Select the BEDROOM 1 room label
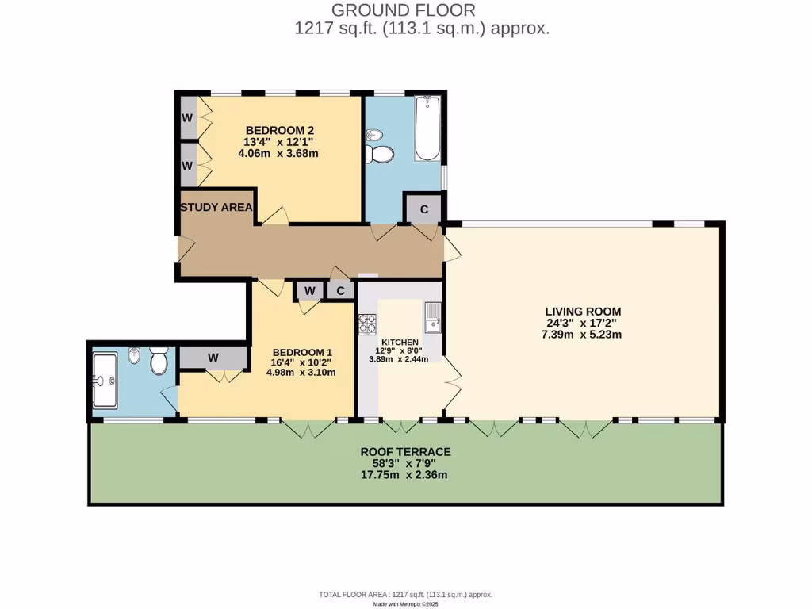[x=302, y=352]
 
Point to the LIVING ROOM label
[x=582, y=311]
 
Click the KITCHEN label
[x=400, y=342]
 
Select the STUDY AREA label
[x=216, y=208]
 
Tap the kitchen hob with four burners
[x=368, y=324]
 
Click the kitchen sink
[x=432, y=318]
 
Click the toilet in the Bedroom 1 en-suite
[x=158, y=362]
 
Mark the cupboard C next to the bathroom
[x=424, y=209]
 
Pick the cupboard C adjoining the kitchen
[x=340, y=290]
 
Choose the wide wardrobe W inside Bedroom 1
[x=213, y=358]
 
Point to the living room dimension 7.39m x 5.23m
[x=582, y=335]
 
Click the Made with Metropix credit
[x=405, y=603]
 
